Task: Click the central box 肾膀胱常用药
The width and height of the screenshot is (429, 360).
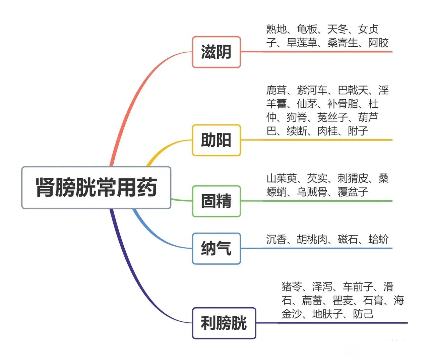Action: pyautogui.click(x=96, y=188)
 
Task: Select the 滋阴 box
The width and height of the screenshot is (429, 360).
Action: pyautogui.click(x=217, y=52)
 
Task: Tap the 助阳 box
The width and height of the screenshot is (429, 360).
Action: pyautogui.click(x=217, y=140)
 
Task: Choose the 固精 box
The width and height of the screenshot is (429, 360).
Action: pyautogui.click(x=217, y=201)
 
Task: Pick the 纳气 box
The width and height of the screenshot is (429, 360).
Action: pyautogui.click(x=217, y=248)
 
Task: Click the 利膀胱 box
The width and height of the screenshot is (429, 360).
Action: pyautogui.click(x=224, y=323)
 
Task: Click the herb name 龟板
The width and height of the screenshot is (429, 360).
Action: pyautogui.click(x=307, y=29)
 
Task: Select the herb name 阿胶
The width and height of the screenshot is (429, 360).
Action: pyautogui.click(x=378, y=43)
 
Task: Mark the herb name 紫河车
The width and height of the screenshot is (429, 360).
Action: pyautogui.click(x=312, y=90)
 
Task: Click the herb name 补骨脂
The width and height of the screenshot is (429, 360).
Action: pyautogui.click(x=343, y=104)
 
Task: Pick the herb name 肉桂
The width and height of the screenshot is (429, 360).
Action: pyautogui.click(x=327, y=131)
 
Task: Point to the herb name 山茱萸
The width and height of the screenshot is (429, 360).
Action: pyautogui.click(x=282, y=178)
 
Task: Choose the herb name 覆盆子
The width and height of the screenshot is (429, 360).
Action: pyautogui.click(x=353, y=192)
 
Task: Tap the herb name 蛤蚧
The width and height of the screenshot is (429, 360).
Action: pyautogui.click(x=378, y=239)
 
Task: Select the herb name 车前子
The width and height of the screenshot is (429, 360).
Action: pyautogui.click(x=358, y=287)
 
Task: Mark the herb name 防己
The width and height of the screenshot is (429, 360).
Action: pyautogui.click(x=363, y=314)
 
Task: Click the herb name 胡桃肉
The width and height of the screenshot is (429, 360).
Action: pyautogui.click(x=312, y=239)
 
